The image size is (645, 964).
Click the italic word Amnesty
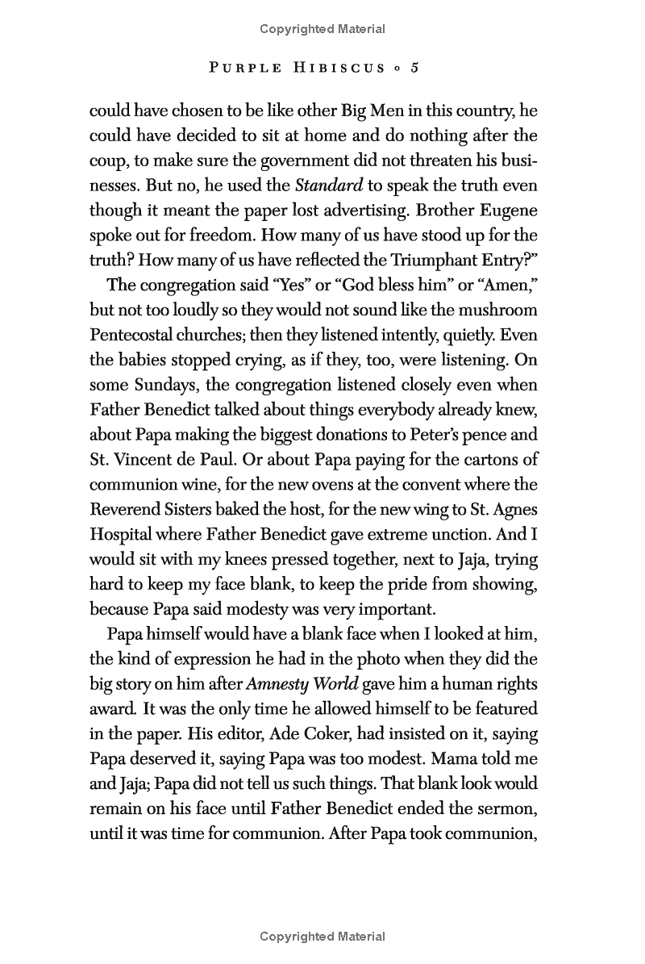click(279, 685)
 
